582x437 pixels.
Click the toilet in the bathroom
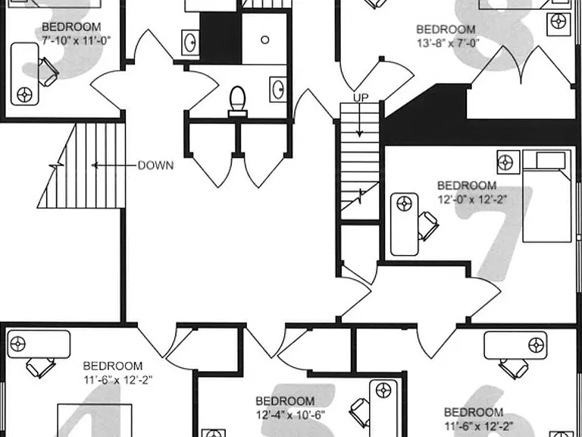tap(237, 101)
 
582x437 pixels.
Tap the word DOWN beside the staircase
tap(155, 165)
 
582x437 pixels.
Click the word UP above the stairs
tap(361, 98)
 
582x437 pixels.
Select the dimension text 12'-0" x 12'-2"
tap(472, 200)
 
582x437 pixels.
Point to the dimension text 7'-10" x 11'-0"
tap(76, 39)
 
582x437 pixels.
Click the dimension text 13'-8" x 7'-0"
tap(448, 42)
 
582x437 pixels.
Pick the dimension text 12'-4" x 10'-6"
tap(290, 413)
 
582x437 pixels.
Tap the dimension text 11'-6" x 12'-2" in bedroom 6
tap(479, 425)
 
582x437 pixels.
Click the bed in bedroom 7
tap(546, 196)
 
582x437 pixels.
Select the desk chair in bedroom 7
tap(427, 225)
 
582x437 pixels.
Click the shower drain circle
tap(264, 39)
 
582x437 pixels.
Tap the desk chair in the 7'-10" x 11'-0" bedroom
tap(48, 71)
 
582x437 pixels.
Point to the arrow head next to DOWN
tap(94, 165)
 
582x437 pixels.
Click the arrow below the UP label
tap(359, 120)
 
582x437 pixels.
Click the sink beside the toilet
tap(278, 90)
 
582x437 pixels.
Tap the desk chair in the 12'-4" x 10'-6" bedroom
tap(359, 412)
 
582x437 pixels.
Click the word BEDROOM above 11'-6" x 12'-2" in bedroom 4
tap(112, 366)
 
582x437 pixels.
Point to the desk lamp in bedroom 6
tap(537, 345)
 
